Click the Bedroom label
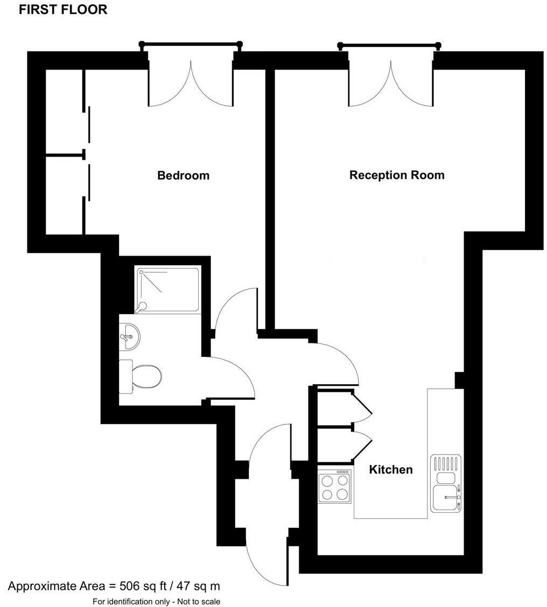point(183,175)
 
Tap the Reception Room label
point(397,175)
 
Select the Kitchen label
point(390,470)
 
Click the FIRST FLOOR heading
point(63,10)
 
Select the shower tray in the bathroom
point(167,290)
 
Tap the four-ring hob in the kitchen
point(334,486)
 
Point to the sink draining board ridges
point(446,463)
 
